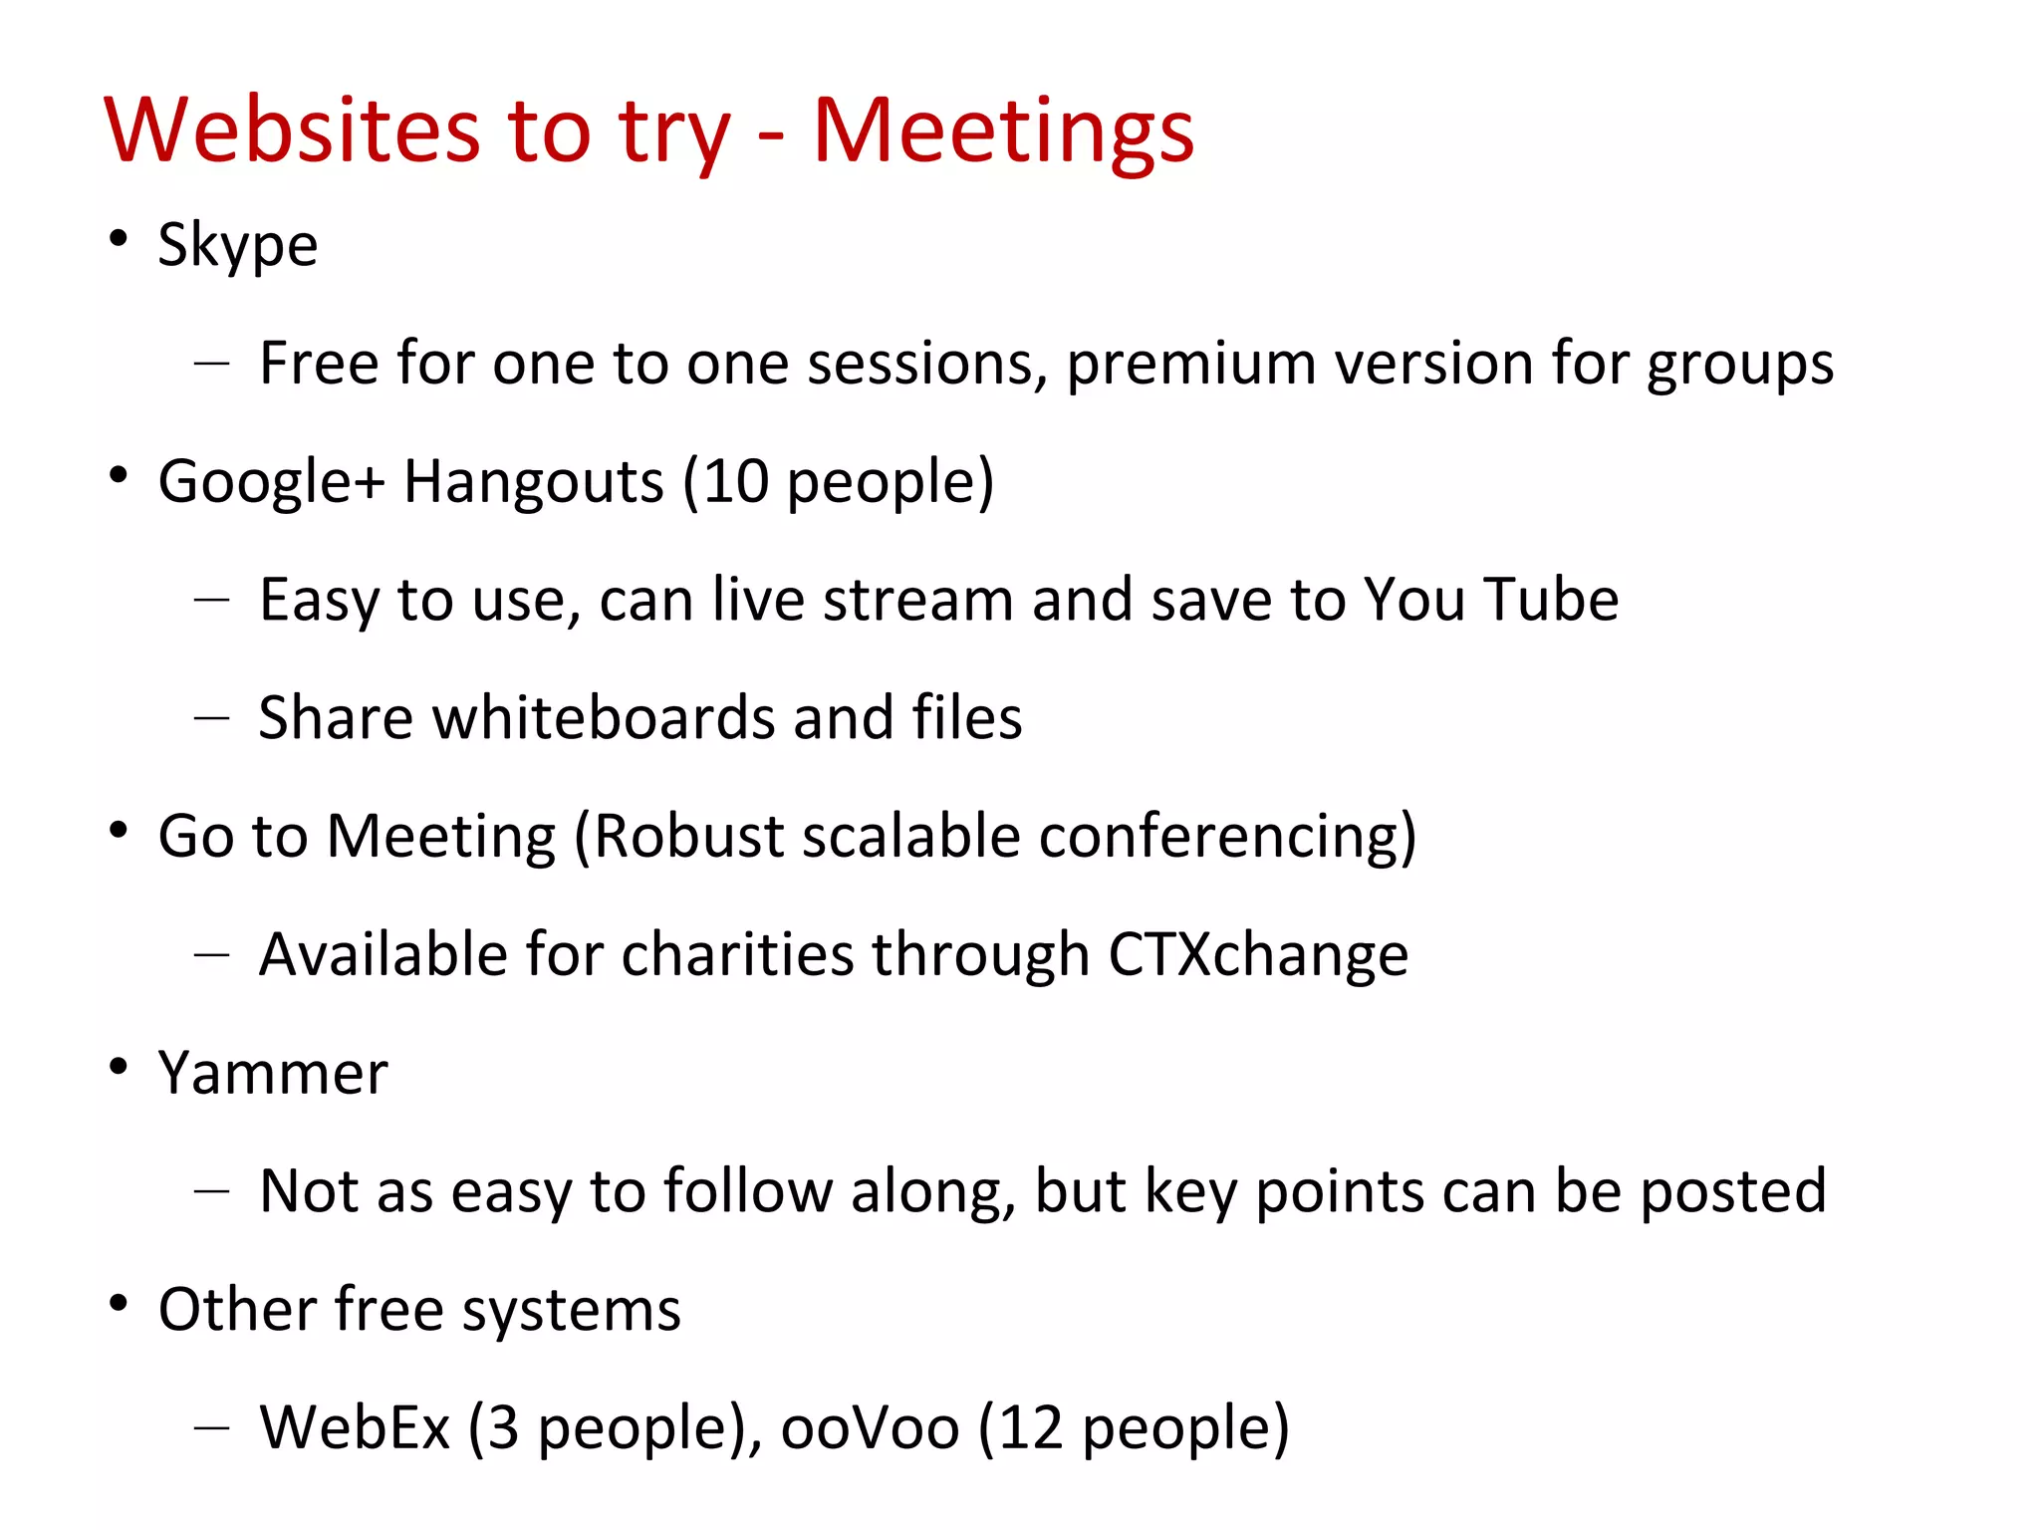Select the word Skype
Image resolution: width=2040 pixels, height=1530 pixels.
tap(238, 245)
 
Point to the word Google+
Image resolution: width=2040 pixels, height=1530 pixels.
tap(271, 482)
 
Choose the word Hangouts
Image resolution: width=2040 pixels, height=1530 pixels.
tap(533, 482)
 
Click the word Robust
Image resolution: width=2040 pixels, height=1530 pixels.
tap(689, 836)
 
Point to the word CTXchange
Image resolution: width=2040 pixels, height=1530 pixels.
tap(1258, 954)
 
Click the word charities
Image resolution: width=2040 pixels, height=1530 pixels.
tap(737, 954)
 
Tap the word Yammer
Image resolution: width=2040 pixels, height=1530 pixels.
tap(273, 1074)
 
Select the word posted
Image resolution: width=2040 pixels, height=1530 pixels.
tap(1732, 1191)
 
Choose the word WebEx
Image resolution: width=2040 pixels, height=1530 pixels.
tap(355, 1427)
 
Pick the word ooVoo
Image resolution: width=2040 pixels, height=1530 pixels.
tap(870, 1427)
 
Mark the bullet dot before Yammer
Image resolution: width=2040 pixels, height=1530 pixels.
tap(119, 1068)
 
